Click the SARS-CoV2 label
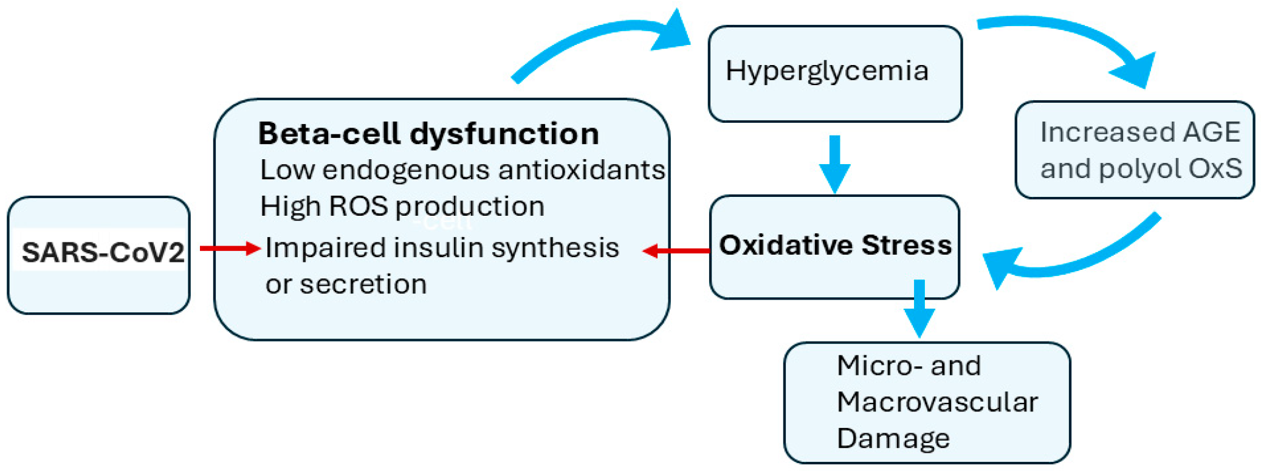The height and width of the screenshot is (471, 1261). click(103, 252)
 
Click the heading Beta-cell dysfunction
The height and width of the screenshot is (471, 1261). click(428, 134)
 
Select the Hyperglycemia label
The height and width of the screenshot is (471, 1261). click(826, 71)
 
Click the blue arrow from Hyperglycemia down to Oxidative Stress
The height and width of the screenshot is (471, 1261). click(835, 163)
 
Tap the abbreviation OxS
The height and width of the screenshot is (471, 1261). click(1215, 169)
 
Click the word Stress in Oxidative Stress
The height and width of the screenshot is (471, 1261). click(906, 246)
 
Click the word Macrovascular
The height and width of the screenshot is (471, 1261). click(937, 402)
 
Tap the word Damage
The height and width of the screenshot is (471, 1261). click(893, 439)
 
